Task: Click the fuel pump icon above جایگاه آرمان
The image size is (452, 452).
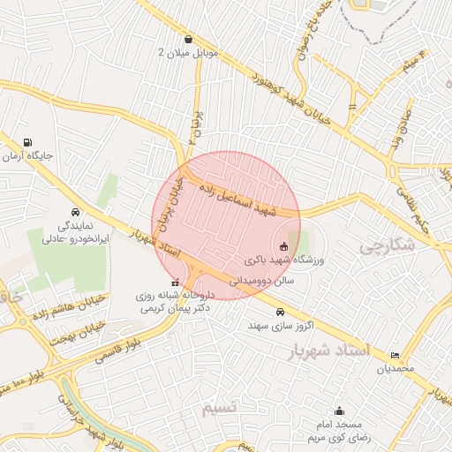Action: pyautogui.click(x=28, y=143)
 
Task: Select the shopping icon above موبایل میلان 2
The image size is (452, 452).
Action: pyautogui.click(x=189, y=39)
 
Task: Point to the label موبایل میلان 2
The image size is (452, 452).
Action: pyautogui.click(x=187, y=53)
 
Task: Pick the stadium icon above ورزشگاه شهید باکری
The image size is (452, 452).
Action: pyautogui.click(x=284, y=246)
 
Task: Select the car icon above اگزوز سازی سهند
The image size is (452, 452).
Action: pyautogui.click(x=280, y=312)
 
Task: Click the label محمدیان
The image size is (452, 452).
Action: pyautogui.click(x=395, y=369)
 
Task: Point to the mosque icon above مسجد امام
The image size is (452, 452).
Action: pyautogui.click(x=340, y=411)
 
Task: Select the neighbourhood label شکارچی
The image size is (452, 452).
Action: pyautogui.click(x=388, y=246)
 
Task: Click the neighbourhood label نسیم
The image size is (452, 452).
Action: pyautogui.click(x=220, y=408)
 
